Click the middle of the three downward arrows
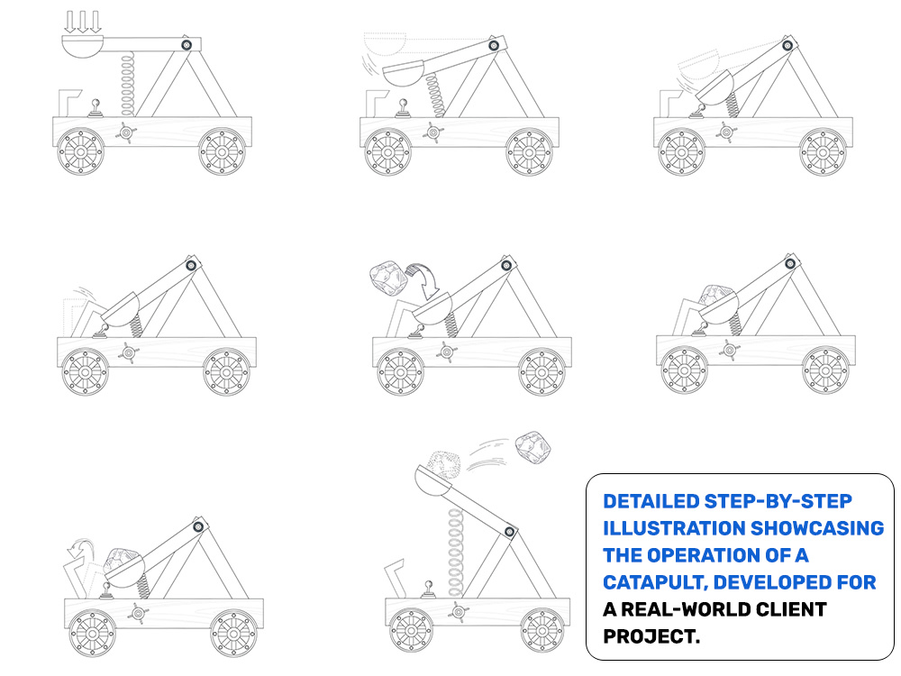coord(83,22)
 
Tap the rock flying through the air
coord(532,447)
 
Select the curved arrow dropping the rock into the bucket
coord(424,280)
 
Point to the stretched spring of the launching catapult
coord(455,552)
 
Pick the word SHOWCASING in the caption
coord(817,528)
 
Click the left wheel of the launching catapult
coord(411,630)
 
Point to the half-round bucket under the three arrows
coord(83,46)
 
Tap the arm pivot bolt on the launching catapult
coord(510,532)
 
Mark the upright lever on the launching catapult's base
coord(428,589)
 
